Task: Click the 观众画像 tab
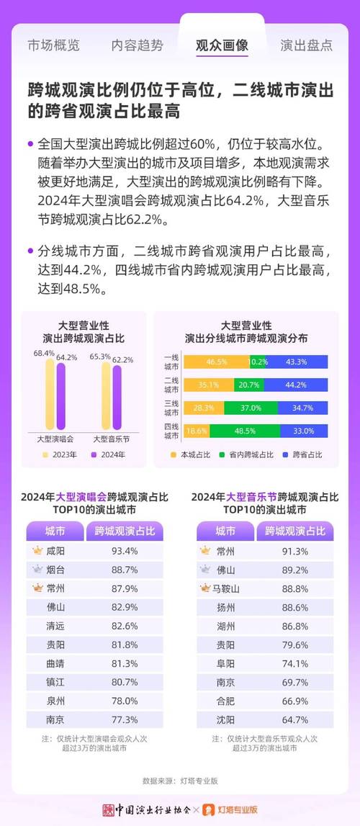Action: (222, 45)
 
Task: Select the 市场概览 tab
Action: (53, 45)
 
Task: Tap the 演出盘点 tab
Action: (306, 45)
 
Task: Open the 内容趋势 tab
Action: (137, 45)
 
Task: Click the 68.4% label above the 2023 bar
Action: (44, 354)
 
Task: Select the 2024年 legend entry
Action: (107, 454)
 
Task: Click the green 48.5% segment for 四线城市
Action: (246, 431)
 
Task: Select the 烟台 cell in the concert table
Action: (55, 570)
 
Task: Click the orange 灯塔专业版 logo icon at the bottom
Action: (209, 809)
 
